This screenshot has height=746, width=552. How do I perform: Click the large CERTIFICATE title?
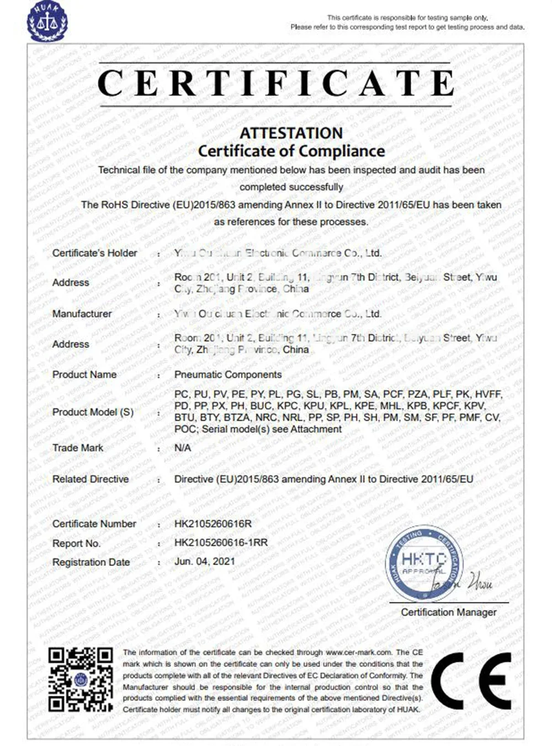[275, 83]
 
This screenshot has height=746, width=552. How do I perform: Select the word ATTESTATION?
[291, 133]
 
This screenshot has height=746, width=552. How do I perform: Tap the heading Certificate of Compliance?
[291, 151]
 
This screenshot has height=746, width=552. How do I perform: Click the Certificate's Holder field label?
[94, 253]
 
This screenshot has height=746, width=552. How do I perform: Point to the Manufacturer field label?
[82, 314]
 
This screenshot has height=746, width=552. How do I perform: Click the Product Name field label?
[84, 374]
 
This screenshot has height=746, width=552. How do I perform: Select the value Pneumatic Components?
[228, 374]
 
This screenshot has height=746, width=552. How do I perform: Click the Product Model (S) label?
[93, 412]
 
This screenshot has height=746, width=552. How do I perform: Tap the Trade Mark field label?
[77, 448]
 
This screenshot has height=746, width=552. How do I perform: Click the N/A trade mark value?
[183, 448]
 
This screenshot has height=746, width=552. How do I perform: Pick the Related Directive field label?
[91, 479]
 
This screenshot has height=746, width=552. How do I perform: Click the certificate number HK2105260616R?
[213, 523]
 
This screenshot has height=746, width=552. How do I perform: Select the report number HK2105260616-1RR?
[221, 543]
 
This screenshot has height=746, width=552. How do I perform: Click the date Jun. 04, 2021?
[205, 562]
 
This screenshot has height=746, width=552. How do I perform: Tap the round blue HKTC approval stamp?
[424, 563]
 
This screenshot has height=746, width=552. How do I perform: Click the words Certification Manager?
[448, 612]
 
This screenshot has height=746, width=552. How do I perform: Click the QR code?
[81, 680]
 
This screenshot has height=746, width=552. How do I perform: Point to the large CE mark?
[471, 681]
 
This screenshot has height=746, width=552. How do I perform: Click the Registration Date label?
[91, 562]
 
